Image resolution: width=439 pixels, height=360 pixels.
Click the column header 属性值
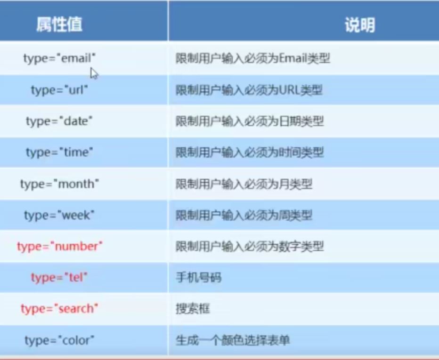pos(59,24)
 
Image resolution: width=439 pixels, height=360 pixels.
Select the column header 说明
pos(360,25)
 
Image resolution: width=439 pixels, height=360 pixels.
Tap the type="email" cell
pos(59,59)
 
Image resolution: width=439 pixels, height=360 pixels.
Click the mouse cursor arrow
pos(94,73)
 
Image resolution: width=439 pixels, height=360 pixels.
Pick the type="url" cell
pos(59,90)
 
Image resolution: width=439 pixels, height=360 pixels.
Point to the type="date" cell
pos(59,121)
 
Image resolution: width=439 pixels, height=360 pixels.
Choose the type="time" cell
pos(59,152)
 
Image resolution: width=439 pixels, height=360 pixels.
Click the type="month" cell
pos(59,184)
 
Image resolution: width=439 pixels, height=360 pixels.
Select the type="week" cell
pos(59,216)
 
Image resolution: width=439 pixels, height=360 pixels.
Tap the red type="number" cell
pos(60,247)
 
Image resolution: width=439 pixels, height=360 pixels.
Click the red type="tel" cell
pos(59,278)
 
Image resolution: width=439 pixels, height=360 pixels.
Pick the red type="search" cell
pos(59,309)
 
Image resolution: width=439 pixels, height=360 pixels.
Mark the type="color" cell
pos(59,340)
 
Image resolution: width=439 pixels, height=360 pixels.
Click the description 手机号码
pos(198,278)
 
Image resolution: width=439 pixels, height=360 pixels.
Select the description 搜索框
pos(193,309)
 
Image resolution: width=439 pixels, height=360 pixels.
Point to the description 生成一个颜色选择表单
pos(233,340)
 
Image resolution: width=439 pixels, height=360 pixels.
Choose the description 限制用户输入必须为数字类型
pos(250,247)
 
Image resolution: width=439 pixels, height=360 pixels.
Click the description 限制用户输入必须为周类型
pos(244,216)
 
